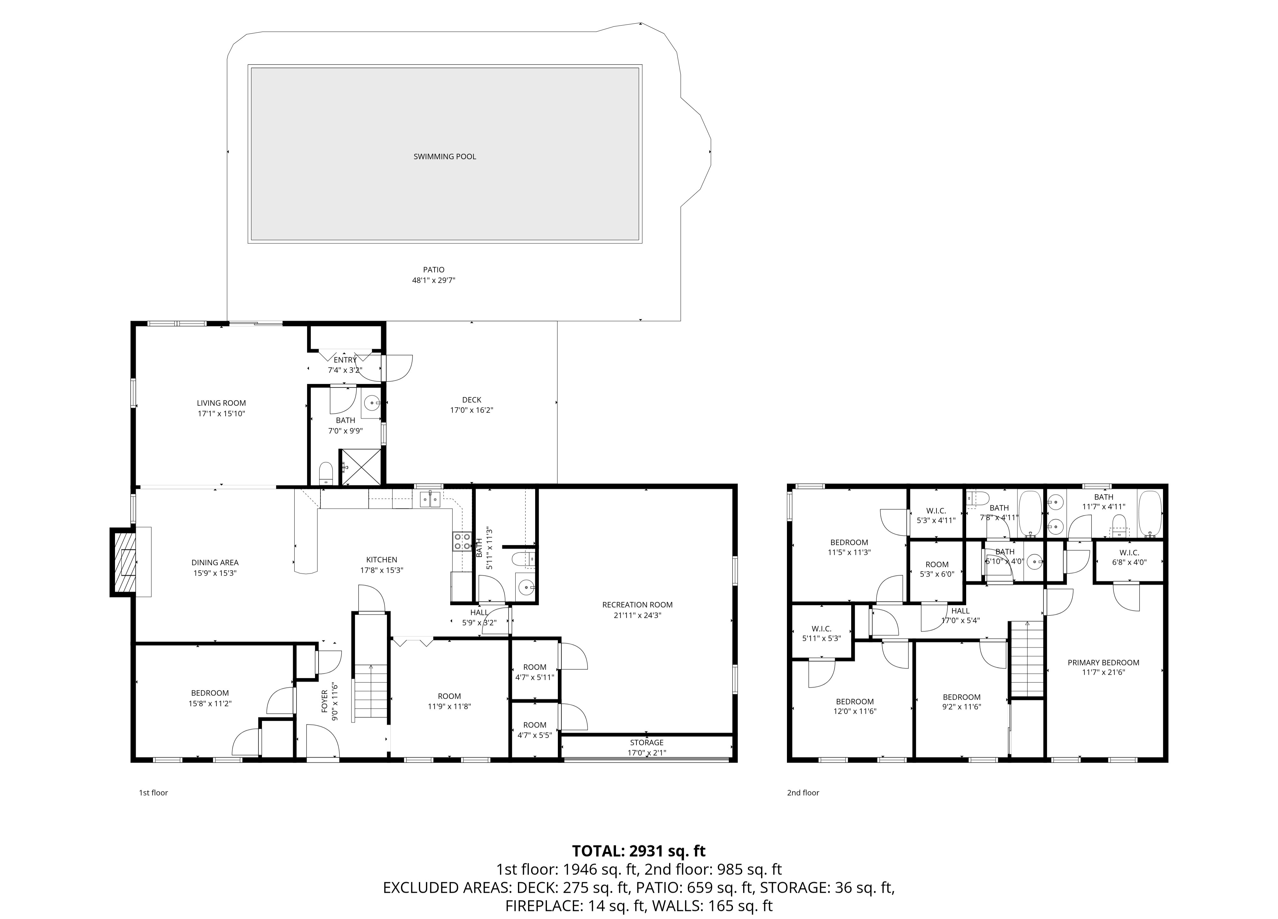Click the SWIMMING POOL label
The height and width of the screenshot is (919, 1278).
(445, 157)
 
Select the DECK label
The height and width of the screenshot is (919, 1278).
(472, 400)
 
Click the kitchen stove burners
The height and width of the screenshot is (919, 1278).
(462, 541)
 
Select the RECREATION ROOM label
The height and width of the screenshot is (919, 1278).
(637, 605)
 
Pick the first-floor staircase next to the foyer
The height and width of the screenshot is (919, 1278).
(370, 693)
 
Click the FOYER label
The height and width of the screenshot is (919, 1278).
(325, 701)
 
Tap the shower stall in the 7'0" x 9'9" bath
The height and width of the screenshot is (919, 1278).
(359, 467)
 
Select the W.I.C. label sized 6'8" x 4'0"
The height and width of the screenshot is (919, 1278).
(1129, 553)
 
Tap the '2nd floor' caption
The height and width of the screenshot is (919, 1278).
(803, 793)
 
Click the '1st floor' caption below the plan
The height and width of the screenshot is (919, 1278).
(153, 793)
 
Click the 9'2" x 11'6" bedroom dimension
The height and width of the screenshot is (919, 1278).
(962, 706)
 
